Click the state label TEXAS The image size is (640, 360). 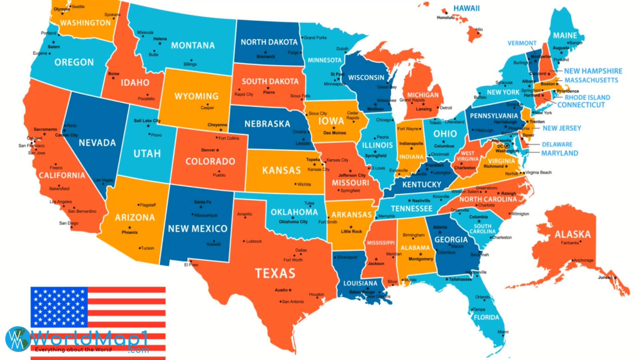pos(275,273)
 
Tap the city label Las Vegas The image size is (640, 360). pos(103,180)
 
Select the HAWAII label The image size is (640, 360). pos(466,8)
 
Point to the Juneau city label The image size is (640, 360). pos(605,277)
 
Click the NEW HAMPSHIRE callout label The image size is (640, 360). pos(593,71)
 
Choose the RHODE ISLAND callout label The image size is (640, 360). pos(587,97)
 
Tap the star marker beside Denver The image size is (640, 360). pos(218,150)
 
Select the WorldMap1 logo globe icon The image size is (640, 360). pos(17,338)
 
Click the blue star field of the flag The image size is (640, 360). pos(59,307)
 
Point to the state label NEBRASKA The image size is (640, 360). pos(267,124)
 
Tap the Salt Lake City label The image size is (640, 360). pos(147,121)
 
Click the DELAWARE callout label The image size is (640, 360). pos(557,144)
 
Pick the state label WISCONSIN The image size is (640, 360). pos(366,78)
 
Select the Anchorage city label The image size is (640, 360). pos(583,260)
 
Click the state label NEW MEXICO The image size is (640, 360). pos(197,229)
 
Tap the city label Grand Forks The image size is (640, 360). pos(315,38)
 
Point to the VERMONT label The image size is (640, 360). pos(522,43)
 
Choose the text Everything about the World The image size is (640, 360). pos(73,350)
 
